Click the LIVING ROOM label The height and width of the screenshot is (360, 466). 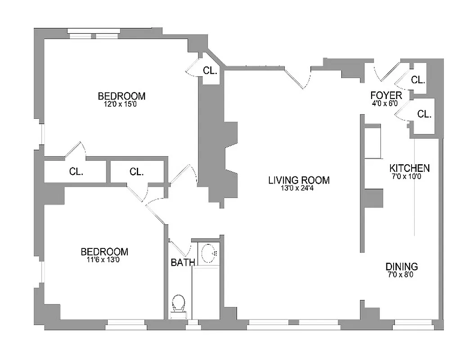(299, 180)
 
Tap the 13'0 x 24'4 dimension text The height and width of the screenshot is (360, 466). (299, 189)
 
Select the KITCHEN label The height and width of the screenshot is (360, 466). (409, 168)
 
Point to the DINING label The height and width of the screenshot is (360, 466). (402, 266)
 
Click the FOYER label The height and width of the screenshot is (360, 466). (386, 95)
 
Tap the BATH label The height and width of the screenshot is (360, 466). (183, 262)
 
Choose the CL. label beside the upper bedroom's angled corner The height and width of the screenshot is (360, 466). (210, 71)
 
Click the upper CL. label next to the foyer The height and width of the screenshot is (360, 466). (418, 81)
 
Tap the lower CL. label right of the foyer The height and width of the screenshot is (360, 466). (424, 114)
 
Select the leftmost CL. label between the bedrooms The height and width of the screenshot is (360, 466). (76, 171)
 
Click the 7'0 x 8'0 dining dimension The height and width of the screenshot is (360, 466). (400, 274)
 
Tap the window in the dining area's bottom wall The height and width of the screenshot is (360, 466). (412, 323)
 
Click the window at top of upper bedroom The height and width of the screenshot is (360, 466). (94, 35)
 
